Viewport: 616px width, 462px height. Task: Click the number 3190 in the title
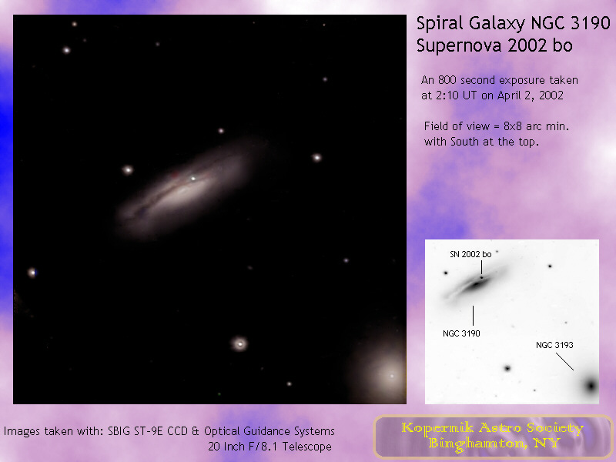pyautogui.click(x=590, y=23)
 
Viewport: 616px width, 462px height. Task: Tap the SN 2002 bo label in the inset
pyautogui.click(x=470, y=254)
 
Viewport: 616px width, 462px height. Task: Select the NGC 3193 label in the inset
pyautogui.click(x=554, y=345)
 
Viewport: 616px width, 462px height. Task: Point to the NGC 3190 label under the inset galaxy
pyautogui.click(x=461, y=333)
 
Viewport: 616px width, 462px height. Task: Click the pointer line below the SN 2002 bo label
pyautogui.click(x=482, y=267)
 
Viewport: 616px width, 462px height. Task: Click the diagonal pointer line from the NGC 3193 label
pyautogui.click(x=564, y=361)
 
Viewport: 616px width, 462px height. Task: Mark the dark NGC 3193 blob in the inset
pyautogui.click(x=591, y=386)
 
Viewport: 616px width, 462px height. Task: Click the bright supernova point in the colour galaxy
pyautogui.click(x=193, y=179)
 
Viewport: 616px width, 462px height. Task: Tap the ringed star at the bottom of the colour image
pyautogui.click(x=239, y=344)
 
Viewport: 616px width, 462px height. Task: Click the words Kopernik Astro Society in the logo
pyautogui.click(x=492, y=428)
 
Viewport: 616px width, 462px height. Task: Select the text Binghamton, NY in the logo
pyautogui.click(x=494, y=444)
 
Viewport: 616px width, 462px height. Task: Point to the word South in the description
pyautogui.click(x=465, y=142)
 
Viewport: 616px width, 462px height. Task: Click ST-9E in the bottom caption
pyautogui.click(x=149, y=431)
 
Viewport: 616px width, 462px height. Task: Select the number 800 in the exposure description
pyautogui.click(x=447, y=80)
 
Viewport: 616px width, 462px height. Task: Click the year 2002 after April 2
pyautogui.click(x=551, y=95)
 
